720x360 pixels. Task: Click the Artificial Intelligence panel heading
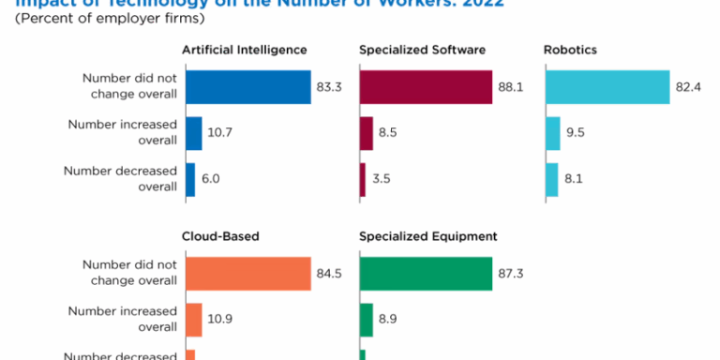click(x=246, y=49)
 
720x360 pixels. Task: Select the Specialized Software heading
click(x=422, y=49)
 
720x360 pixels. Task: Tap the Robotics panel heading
click(x=570, y=49)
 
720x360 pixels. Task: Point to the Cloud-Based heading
click(x=221, y=236)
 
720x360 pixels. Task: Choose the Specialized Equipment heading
click(x=428, y=236)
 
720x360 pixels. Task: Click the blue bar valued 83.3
click(x=247, y=87)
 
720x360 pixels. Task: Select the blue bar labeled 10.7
click(x=193, y=133)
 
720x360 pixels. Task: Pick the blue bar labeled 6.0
click(x=189, y=179)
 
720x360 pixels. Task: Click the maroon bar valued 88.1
click(x=426, y=87)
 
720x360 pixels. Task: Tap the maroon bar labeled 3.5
click(x=363, y=179)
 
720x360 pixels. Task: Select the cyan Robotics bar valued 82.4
click(x=607, y=87)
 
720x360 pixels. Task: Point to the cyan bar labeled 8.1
click(x=552, y=179)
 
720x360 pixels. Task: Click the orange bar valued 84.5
click(x=247, y=274)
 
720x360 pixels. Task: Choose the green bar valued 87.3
click(x=426, y=274)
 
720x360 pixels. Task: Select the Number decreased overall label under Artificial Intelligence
click(x=120, y=178)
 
